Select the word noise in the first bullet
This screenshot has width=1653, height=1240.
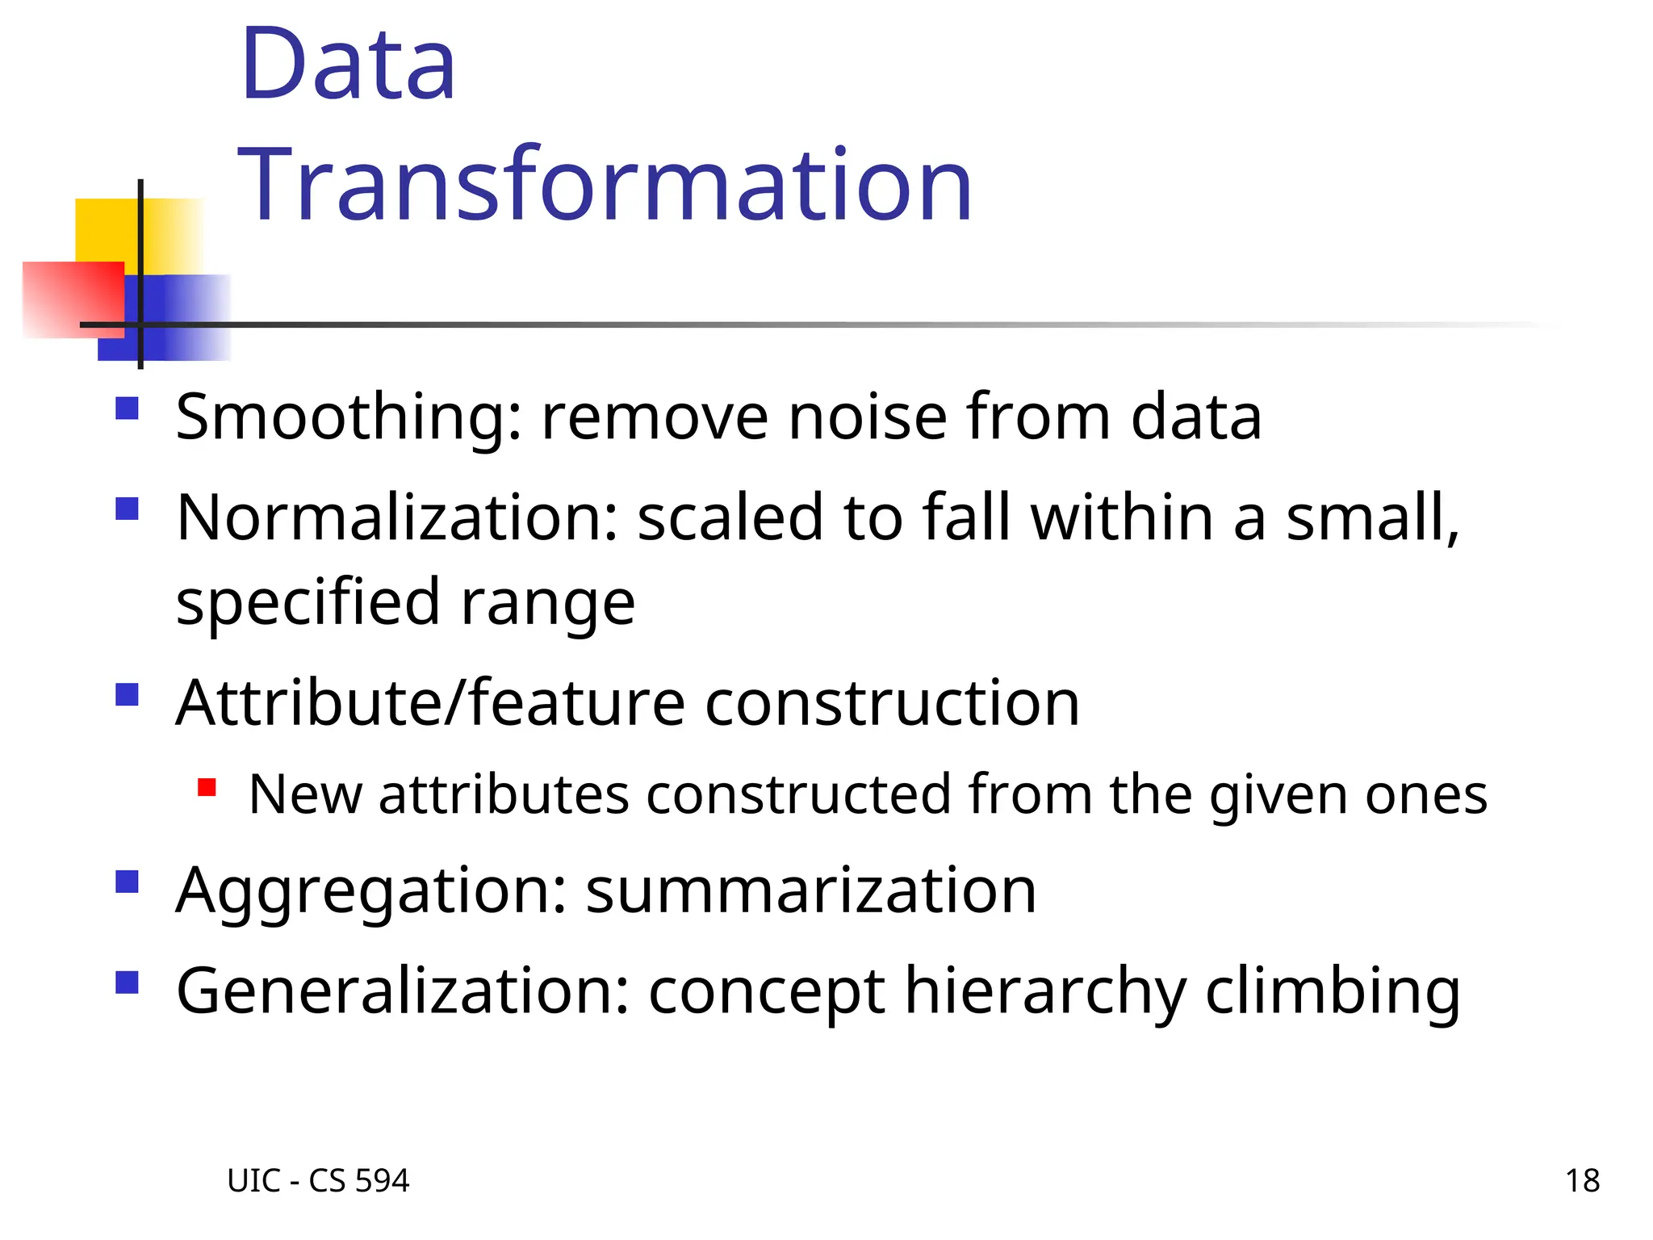click(868, 417)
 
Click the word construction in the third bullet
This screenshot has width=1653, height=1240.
click(892, 703)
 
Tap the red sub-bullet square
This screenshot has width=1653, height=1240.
click(207, 787)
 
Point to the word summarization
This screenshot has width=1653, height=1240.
click(810, 890)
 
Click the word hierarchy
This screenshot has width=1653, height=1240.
click(1045, 991)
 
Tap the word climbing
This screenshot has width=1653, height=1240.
click(1333, 991)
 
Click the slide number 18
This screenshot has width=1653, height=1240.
click(1582, 1181)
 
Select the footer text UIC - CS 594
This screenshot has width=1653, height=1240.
click(318, 1181)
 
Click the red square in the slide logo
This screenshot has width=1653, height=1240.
click(73, 300)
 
